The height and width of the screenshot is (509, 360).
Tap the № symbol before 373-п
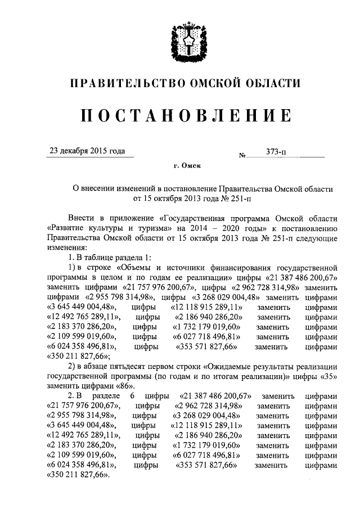point(244,154)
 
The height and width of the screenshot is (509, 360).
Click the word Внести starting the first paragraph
point(81,218)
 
